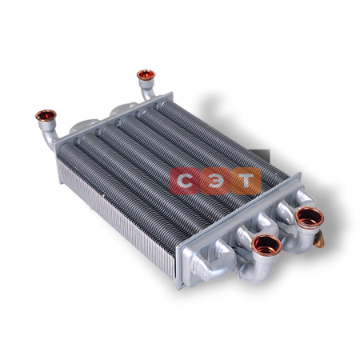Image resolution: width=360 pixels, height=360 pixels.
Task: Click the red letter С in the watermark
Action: pyautogui.click(x=185, y=181)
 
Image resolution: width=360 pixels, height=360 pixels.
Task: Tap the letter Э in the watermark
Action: pyautogui.click(x=215, y=181)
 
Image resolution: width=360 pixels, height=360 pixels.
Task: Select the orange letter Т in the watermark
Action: pyautogui.click(x=246, y=181)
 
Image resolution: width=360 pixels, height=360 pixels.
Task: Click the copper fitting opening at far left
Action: pyautogui.click(x=46, y=116)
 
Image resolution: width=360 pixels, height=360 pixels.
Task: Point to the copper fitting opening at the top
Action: pyautogui.click(x=146, y=75)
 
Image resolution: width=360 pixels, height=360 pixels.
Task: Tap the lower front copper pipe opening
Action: pyautogui.click(x=267, y=245)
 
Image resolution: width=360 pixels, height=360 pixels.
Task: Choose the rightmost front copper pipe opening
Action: pyautogui.click(x=310, y=218)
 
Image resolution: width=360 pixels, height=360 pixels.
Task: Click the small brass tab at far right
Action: pyautogui.click(x=320, y=238)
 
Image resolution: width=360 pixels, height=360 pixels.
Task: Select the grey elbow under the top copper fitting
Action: pyautogui.click(x=147, y=89)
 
